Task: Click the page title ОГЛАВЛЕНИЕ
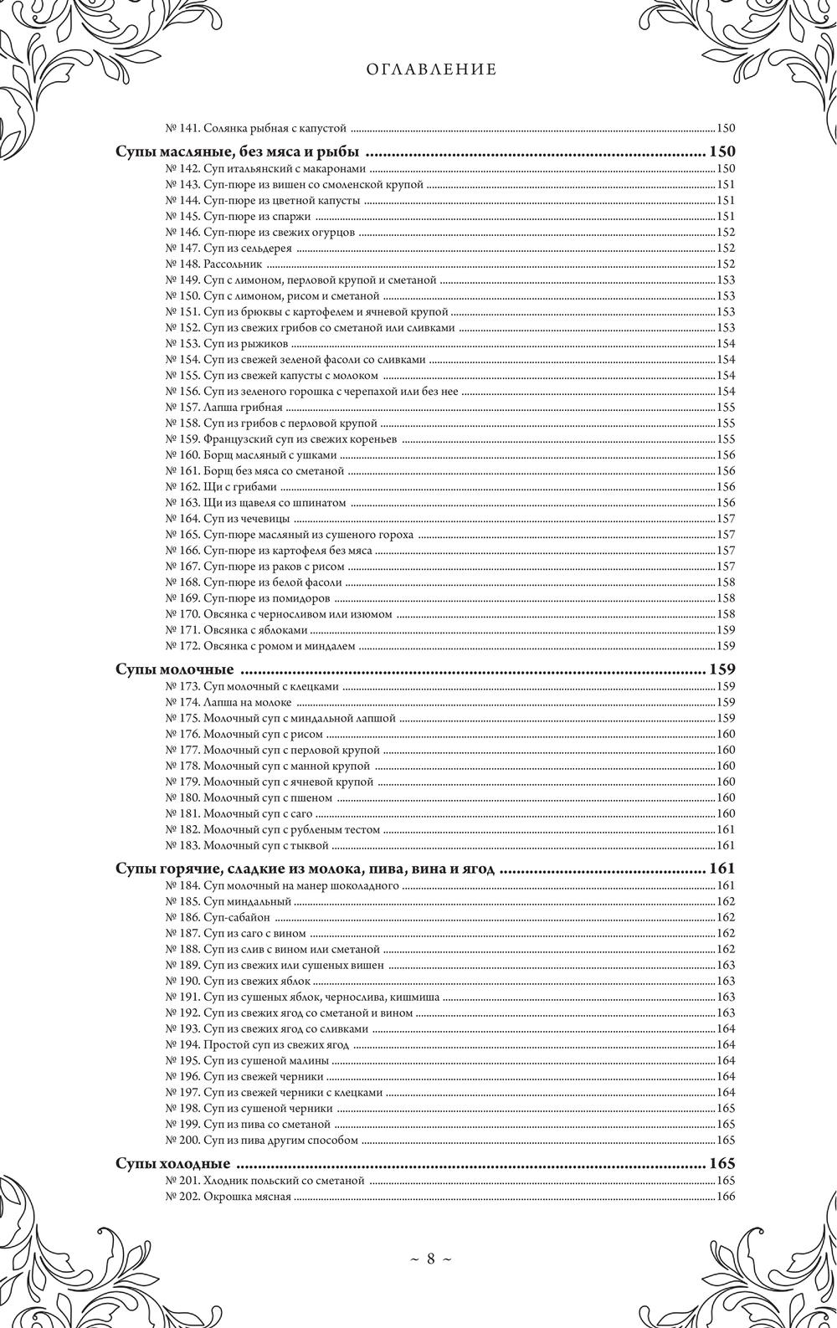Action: [431, 70]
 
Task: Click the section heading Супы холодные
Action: [172, 1164]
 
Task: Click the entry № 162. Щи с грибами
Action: [222, 487]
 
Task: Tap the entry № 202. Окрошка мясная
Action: [229, 1197]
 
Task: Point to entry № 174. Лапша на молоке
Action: [228, 702]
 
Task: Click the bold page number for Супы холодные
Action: [721, 1164]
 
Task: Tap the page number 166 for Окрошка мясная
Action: [726, 1197]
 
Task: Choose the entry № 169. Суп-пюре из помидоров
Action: [249, 598]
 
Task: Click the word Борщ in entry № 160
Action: [218, 455]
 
